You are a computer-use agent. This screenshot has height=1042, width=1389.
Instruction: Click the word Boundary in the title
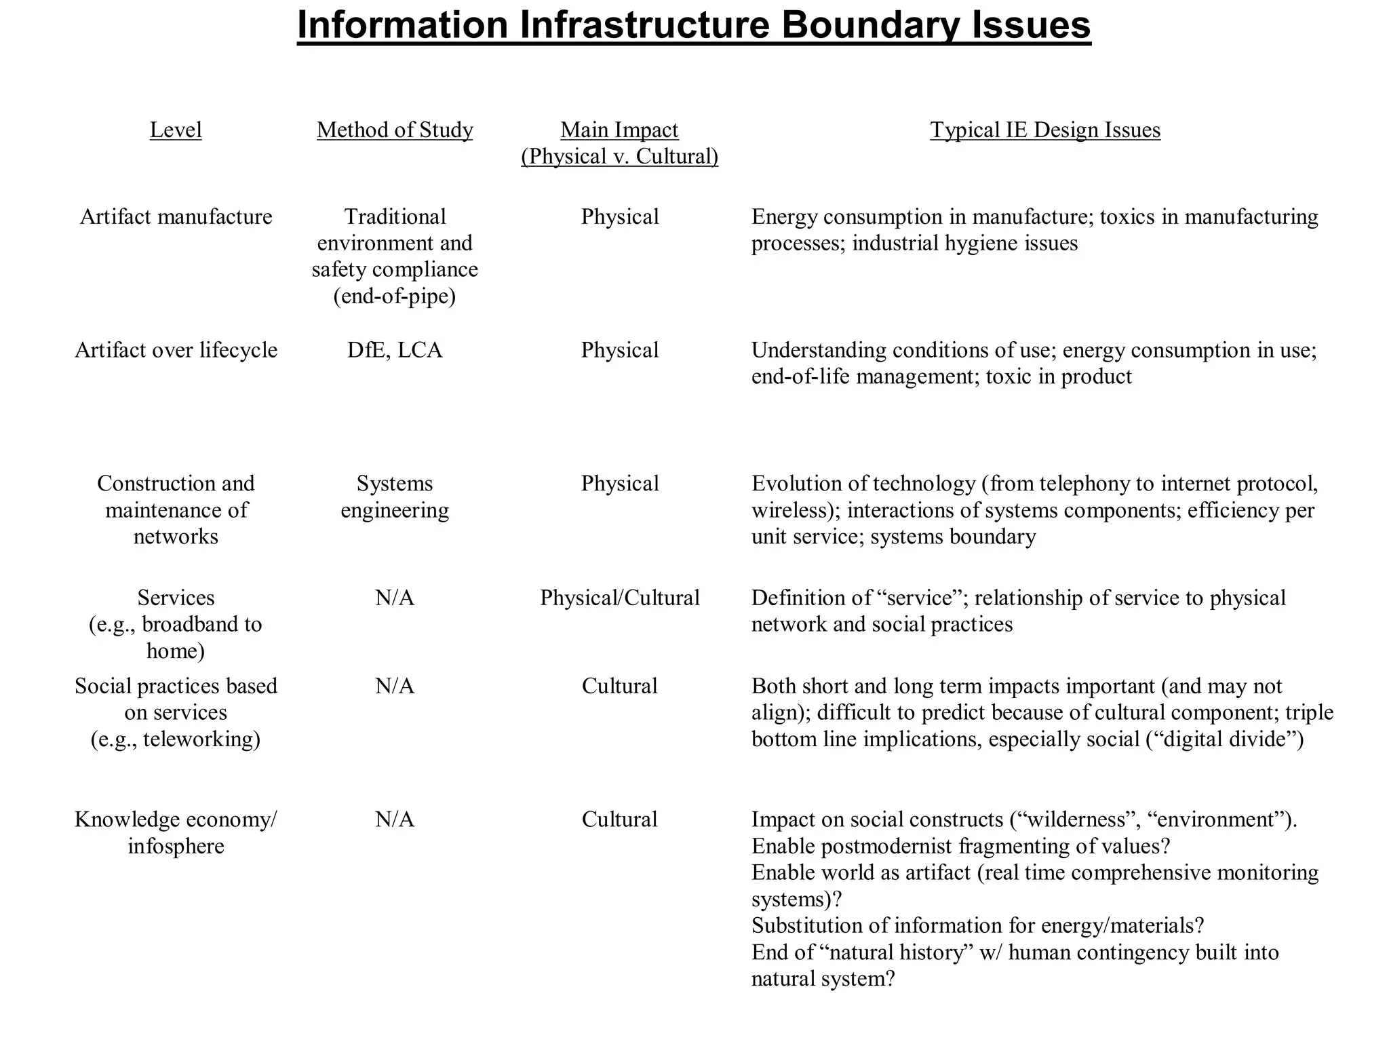click(x=870, y=26)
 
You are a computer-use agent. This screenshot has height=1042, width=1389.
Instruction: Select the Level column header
click(x=176, y=130)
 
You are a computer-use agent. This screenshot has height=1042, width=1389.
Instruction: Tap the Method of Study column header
click(x=395, y=130)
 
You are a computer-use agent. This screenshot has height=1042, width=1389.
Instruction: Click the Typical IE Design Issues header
click(x=1045, y=130)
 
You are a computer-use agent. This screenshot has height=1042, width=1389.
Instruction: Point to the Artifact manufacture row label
click(x=176, y=217)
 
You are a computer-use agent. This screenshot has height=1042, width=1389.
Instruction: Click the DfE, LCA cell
click(x=395, y=350)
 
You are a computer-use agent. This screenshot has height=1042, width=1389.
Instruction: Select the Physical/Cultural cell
click(x=619, y=598)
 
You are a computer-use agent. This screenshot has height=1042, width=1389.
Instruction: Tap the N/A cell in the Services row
click(x=395, y=598)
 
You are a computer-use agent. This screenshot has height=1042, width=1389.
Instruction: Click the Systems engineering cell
click(x=395, y=497)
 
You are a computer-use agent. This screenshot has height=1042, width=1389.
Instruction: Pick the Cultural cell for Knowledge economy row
click(x=619, y=819)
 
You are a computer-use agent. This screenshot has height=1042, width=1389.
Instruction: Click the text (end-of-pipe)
click(x=395, y=296)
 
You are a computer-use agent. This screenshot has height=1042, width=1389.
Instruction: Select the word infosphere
click(x=176, y=847)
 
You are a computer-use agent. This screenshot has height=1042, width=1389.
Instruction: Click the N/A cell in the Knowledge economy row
click(x=395, y=819)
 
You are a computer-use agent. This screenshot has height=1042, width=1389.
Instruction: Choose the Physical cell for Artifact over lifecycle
click(x=619, y=350)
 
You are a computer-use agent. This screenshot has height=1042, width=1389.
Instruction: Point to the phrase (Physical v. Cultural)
click(x=619, y=157)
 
